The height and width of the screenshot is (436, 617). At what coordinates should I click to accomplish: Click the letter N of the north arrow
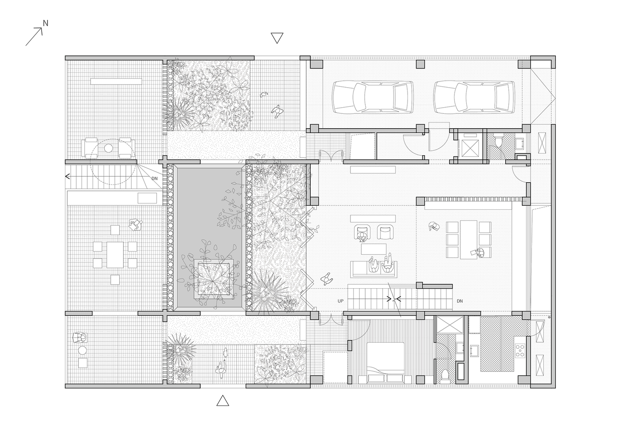click(x=46, y=24)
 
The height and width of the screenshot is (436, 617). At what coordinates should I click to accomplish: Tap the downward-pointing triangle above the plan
click(x=277, y=37)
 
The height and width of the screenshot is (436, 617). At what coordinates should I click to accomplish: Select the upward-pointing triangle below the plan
click(x=223, y=401)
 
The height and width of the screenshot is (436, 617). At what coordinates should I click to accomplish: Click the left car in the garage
click(x=372, y=97)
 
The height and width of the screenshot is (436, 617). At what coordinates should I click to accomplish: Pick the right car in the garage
click(x=474, y=97)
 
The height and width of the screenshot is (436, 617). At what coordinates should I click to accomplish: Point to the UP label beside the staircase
click(x=341, y=301)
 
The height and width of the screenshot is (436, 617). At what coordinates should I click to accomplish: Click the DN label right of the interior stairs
click(x=460, y=301)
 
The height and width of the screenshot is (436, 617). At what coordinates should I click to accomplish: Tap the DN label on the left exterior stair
click(x=154, y=178)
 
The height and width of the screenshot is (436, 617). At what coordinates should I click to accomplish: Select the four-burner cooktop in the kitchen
click(x=520, y=351)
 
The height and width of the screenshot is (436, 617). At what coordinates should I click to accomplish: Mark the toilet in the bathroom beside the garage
click(x=498, y=141)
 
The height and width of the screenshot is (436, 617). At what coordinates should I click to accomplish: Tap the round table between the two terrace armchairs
click(x=109, y=148)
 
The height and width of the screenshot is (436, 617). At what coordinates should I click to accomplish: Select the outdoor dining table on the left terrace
click(x=115, y=255)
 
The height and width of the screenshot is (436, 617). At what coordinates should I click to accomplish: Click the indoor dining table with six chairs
click(x=469, y=239)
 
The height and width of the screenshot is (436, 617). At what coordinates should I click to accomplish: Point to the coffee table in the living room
click(x=374, y=249)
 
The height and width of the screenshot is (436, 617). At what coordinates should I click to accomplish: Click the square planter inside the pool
click(x=214, y=279)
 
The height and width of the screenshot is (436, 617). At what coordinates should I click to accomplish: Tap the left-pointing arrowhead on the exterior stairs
click(x=67, y=176)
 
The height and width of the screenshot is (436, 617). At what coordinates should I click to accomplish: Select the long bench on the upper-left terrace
click(x=116, y=82)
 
